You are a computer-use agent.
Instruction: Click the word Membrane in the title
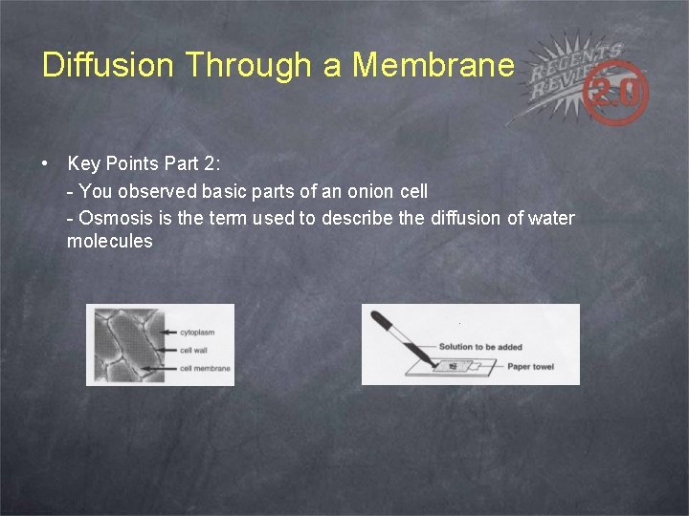[x=433, y=65]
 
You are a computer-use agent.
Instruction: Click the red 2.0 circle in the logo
[x=620, y=94]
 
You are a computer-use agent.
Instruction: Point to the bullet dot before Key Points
[x=46, y=164]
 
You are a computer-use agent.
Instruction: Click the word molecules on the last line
[x=109, y=242]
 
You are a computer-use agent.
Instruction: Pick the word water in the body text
[x=551, y=218]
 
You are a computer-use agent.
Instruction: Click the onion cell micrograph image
[x=120, y=345]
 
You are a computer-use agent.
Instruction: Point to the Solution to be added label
[x=480, y=347]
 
